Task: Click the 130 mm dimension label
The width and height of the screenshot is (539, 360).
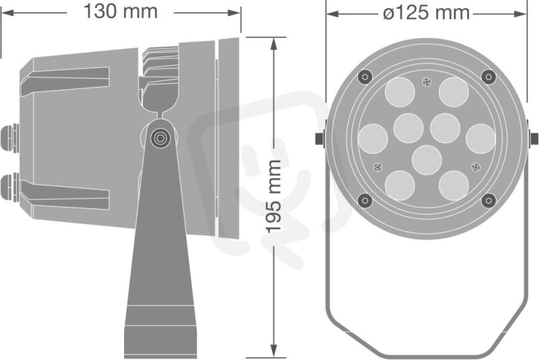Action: coord(121,11)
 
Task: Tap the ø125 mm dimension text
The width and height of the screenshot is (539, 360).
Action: coord(426,13)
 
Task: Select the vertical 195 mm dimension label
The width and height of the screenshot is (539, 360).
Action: coord(274,197)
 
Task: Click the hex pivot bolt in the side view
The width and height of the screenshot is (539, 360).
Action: coord(160,138)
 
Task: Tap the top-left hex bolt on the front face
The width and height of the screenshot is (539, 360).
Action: coord(365,76)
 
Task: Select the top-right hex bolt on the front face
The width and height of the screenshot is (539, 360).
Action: coord(488,76)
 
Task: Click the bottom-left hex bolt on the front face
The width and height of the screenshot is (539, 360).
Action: coord(365,200)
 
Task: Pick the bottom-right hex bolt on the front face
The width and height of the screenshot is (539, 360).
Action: coord(488,200)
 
